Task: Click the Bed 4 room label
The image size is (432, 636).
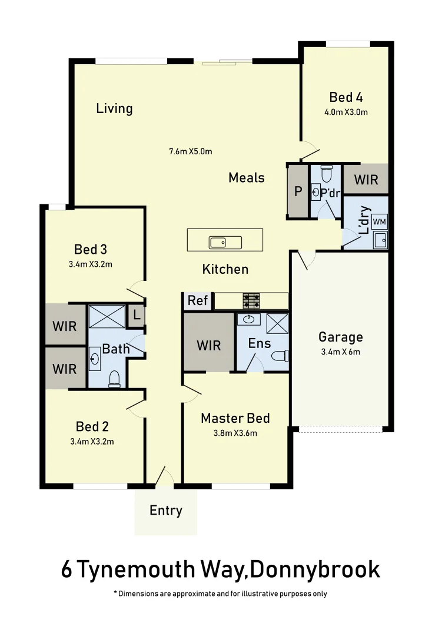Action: [x=345, y=97]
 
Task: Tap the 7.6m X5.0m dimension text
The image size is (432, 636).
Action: [x=191, y=151]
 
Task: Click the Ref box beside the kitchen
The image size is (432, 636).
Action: [x=198, y=301]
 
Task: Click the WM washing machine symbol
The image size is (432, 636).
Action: [x=380, y=221]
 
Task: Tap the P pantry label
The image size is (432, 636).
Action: [x=298, y=191]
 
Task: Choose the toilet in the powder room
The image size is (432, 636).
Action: [x=327, y=174]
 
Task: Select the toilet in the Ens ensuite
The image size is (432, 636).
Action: [x=280, y=356]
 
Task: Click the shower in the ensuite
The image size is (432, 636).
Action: [x=277, y=324]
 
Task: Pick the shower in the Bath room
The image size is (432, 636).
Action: [x=107, y=316]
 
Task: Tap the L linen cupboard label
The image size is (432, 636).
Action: [x=137, y=315]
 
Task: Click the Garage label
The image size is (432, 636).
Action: [x=340, y=337]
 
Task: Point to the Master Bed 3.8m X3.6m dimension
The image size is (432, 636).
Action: [x=235, y=433]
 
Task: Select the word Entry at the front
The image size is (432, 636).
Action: [x=166, y=511]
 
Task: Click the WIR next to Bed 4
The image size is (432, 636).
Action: [x=365, y=179]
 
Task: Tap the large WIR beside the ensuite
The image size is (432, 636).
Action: [x=209, y=344]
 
